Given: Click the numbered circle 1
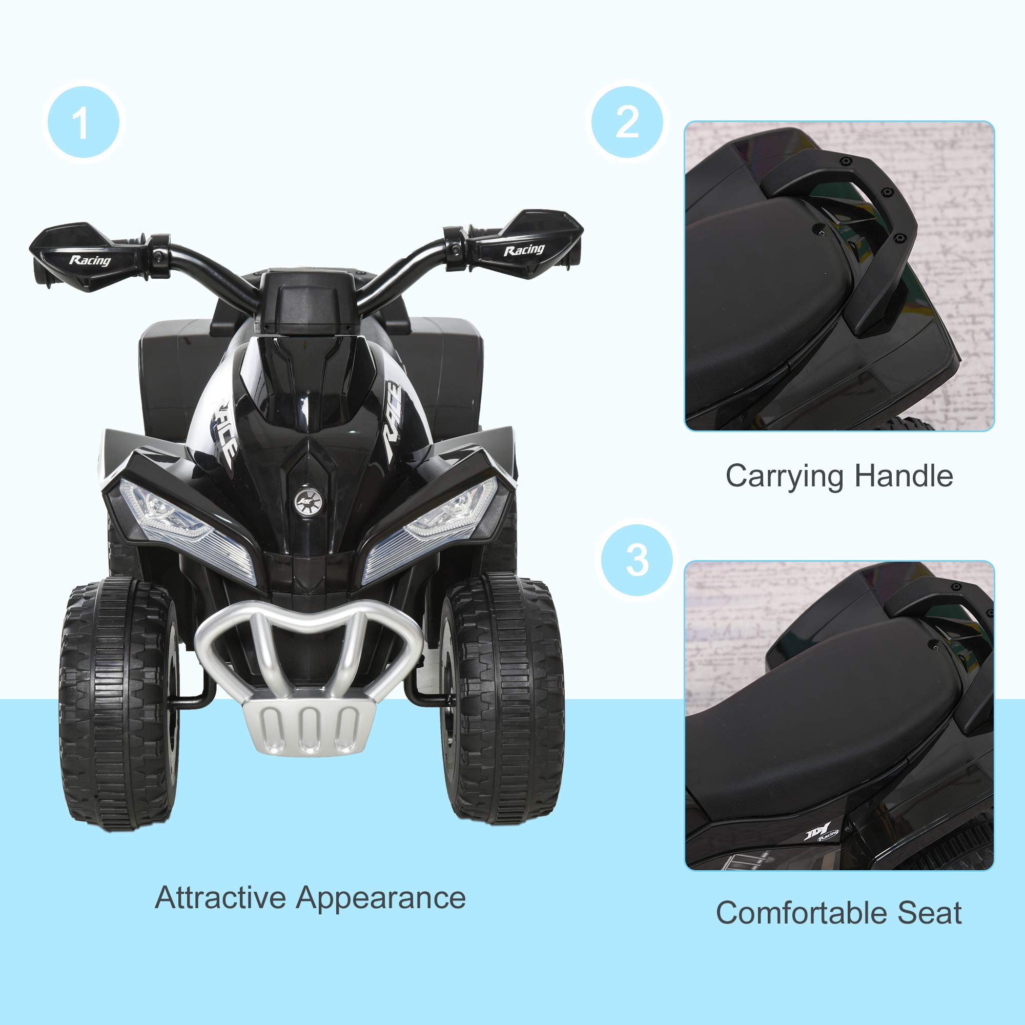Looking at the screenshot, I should pyautogui.click(x=84, y=122).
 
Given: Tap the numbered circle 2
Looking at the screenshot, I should pyautogui.click(x=627, y=122).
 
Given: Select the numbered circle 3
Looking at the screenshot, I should pyautogui.click(x=637, y=560).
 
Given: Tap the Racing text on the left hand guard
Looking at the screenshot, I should pyautogui.click(x=90, y=260).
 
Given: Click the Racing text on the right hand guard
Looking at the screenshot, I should pyautogui.click(x=524, y=250).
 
